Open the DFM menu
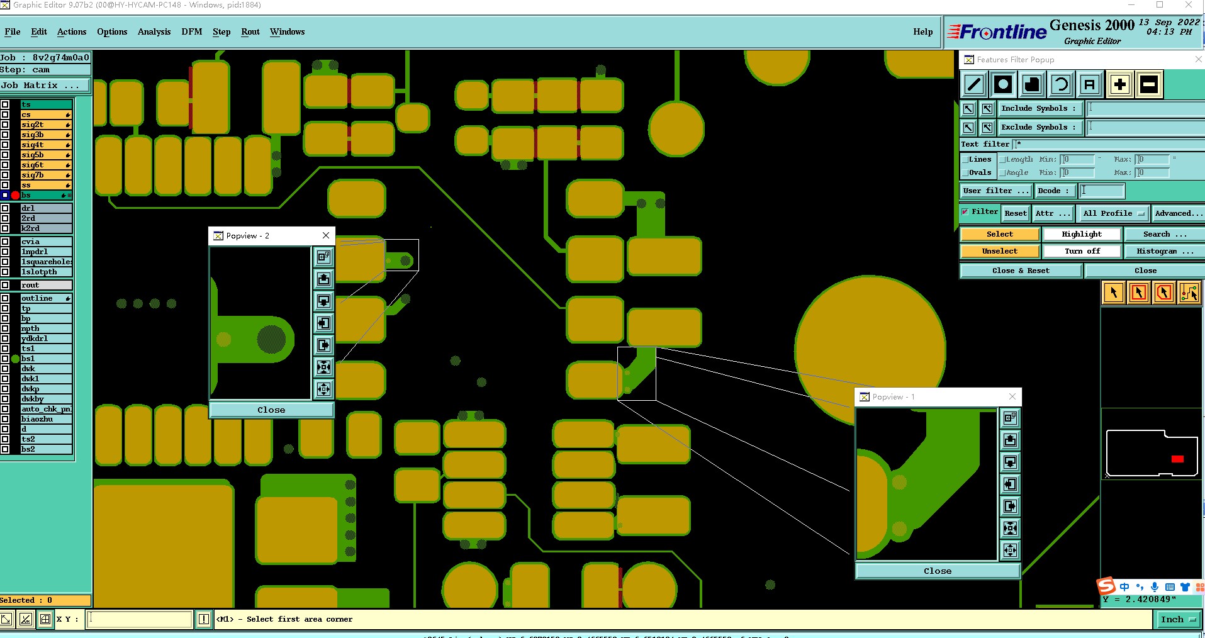point(191,31)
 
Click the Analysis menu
point(154,31)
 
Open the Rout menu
point(250,31)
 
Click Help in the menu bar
point(922,31)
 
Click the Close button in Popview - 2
point(271,410)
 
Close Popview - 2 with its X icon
point(326,235)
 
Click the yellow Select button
point(999,234)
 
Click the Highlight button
point(1082,234)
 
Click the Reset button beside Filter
point(1015,213)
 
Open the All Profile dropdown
point(1113,213)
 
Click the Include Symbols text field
point(1145,108)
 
